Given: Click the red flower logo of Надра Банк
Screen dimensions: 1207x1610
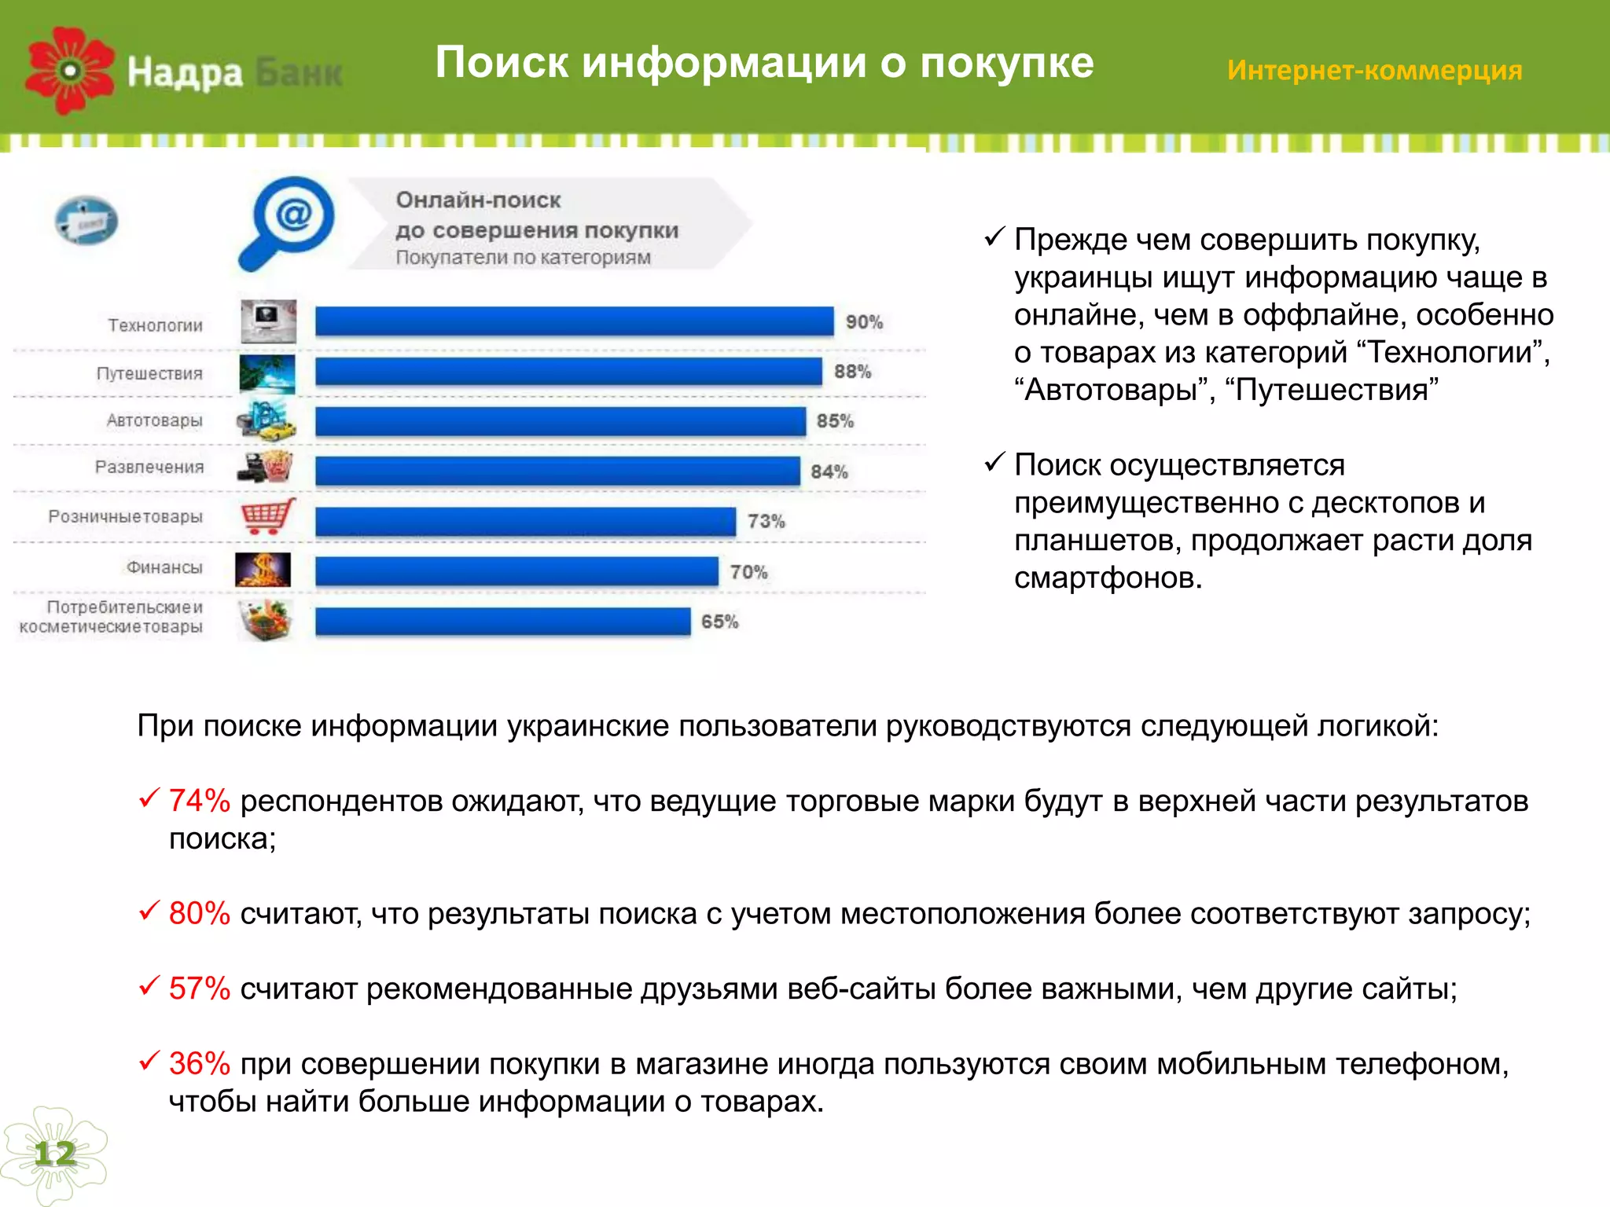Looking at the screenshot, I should [69, 71].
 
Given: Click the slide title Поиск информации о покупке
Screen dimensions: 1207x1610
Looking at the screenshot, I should [764, 63].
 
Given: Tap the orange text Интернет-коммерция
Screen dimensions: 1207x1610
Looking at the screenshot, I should [1374, 71].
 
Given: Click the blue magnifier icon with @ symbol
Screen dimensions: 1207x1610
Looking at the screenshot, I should [287, 222].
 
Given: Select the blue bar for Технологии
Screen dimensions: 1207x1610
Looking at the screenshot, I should [574, 322].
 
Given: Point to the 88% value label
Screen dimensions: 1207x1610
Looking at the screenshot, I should [852, 372].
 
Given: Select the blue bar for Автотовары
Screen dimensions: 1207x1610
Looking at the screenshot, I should [560, 421].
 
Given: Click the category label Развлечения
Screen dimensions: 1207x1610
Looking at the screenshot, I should [149, 468].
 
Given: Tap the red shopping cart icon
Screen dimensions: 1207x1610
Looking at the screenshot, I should [267, 516].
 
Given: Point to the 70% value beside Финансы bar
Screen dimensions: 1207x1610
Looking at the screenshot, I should [748, 572].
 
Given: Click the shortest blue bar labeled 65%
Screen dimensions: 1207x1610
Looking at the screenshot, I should [503, 622].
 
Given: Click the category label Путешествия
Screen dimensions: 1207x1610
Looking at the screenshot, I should [149, 373].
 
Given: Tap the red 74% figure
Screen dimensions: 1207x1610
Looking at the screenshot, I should [199, 801].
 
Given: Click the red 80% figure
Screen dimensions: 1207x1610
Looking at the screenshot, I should [199, 913].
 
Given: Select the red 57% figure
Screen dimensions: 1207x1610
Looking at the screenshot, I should [199, 989].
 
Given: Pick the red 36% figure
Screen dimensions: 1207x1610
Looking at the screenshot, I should [199, 1064].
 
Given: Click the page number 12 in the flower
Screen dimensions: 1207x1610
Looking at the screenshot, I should [54, 1154].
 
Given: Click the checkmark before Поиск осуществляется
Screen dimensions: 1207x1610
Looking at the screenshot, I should [994, 462].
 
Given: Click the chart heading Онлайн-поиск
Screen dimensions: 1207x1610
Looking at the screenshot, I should [478, 200].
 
